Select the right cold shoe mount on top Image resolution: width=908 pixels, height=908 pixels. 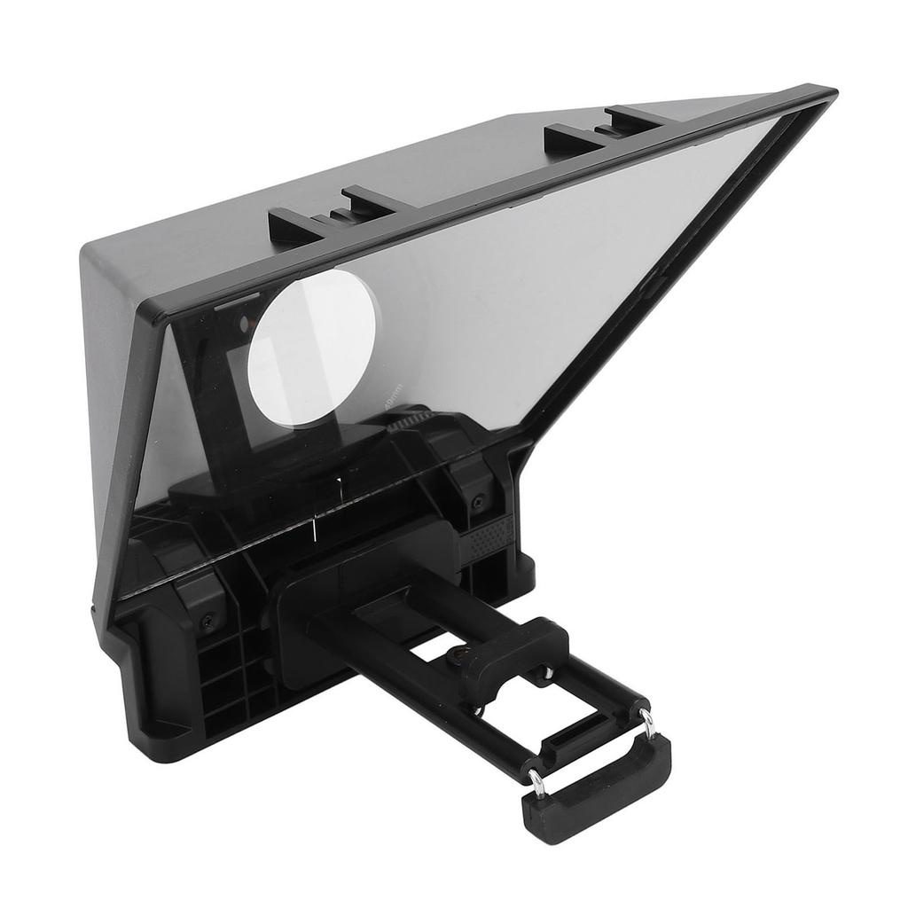coord(604,129)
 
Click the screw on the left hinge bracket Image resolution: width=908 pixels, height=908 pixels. coord(207,620)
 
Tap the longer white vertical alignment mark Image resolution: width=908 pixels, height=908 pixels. coord(314,529)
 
